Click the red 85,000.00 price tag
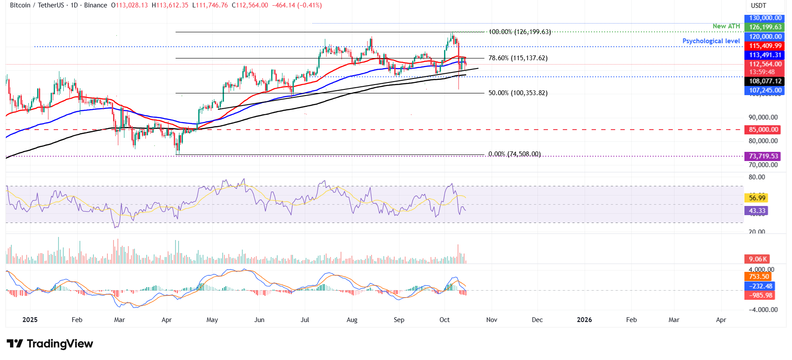pos(764,130)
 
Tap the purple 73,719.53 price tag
pos(764,156)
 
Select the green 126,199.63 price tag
pos(765,27)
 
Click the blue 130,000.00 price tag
pos(765,18)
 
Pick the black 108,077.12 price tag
pos(765,81)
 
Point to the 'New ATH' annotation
pos(726,26)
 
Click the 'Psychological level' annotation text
pos(711,41)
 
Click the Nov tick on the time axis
pos(492,320)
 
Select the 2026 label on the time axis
pos(584,320)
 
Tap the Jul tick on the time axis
pos(305,320)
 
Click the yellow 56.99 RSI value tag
pos(757,198)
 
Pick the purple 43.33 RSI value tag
pos(757,211)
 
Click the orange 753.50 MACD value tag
pos(759,277)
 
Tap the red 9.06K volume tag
pos(757,259)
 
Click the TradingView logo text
pos(50,344)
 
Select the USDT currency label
pos(758,6)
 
